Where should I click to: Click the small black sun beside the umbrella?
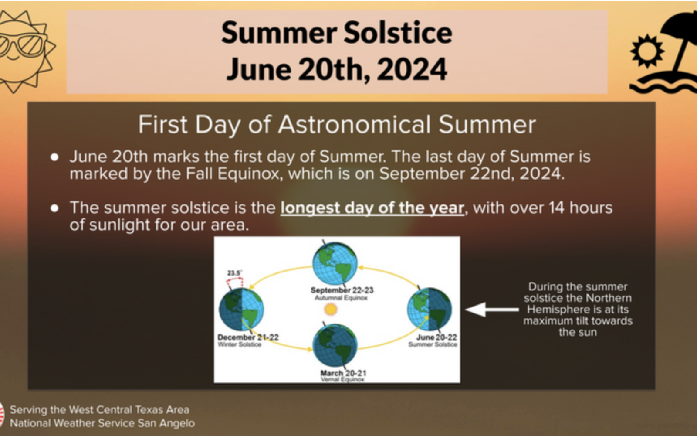[x=647, y=51]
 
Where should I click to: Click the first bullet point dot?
[x=54, y=157]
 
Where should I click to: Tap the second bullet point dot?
[x=54, y=208]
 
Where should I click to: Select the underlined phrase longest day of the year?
[x=372, y=208]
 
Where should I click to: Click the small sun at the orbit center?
[x=331, y=309]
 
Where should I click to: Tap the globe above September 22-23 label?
[x=335, y=263]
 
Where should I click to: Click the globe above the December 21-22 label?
[x=241, y=309]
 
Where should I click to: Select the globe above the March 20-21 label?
[x=335, y=345]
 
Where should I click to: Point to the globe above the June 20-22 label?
[x=430, y=309]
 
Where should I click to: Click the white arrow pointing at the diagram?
[x=492, y=310]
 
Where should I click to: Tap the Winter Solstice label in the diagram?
[x=239, y=344]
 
